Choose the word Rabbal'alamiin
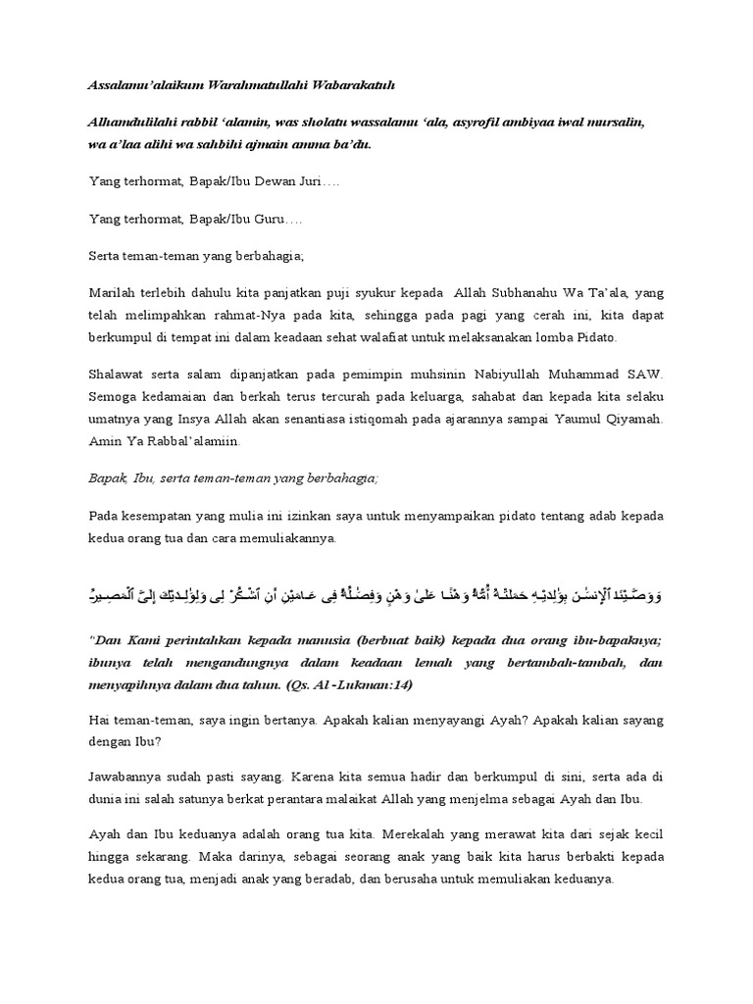click(187, 441)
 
